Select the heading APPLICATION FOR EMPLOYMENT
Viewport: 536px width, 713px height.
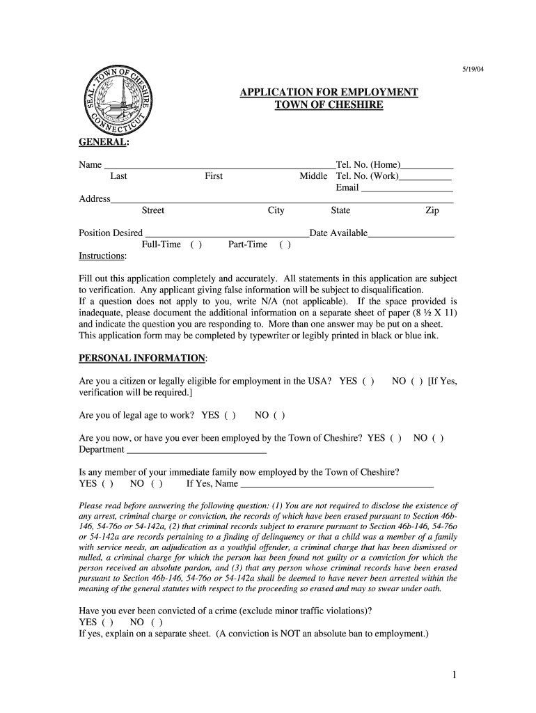[329, 92]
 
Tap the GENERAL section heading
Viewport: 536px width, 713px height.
[103, 142]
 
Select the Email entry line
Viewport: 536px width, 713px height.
[407, 189]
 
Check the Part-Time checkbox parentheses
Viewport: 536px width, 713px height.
[285, 244]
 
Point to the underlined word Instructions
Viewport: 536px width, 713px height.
[102, 256]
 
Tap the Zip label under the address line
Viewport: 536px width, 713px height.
[432, 211]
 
